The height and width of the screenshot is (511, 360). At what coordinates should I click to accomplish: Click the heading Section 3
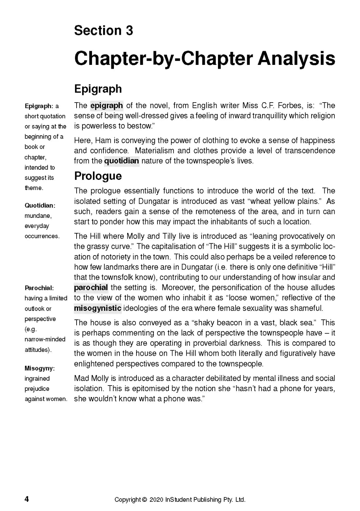103,30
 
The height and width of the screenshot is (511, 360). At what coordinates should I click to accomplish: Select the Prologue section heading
98,176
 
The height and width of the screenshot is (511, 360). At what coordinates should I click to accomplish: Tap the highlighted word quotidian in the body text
121,161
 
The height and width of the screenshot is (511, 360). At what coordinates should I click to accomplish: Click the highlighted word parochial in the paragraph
91,288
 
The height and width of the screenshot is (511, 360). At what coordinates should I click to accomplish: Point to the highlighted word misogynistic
98,308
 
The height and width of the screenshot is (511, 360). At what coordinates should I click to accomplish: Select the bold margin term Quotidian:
40,205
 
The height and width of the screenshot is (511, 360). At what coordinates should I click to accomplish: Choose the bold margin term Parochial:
39,288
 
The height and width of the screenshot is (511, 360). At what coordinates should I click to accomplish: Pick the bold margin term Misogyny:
40,368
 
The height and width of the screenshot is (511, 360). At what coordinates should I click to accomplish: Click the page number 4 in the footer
27,499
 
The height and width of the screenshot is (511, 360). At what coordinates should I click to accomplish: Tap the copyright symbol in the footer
144,500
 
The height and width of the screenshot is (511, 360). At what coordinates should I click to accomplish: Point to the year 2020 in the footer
156,500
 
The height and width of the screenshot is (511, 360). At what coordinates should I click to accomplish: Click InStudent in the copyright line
178,500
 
